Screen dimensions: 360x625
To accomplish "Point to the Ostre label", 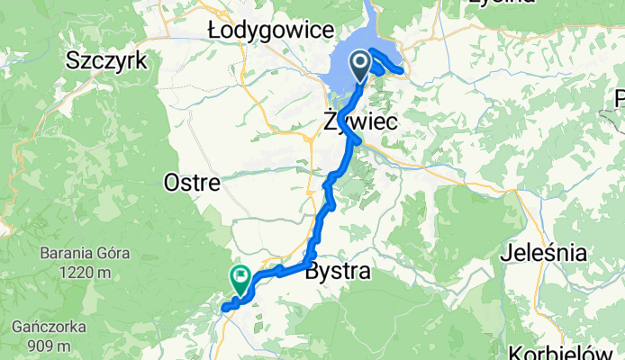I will [x=192, y=183].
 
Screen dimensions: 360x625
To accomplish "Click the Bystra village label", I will [x=339, y=271].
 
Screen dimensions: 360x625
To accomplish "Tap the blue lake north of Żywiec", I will [x=340, y=76].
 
